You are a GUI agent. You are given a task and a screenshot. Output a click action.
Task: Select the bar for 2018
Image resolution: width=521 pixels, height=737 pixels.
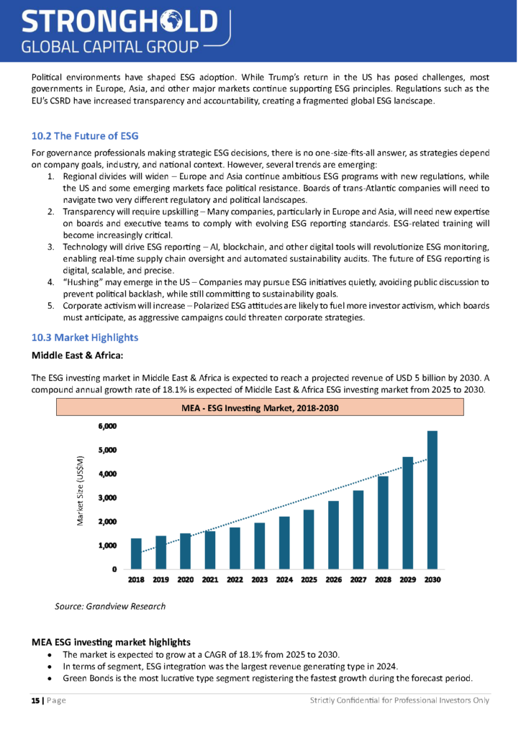136,553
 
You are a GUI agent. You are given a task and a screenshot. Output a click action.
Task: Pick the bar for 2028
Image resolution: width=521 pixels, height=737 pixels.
383,523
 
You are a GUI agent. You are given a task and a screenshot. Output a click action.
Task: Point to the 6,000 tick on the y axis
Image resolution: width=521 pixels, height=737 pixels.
107,426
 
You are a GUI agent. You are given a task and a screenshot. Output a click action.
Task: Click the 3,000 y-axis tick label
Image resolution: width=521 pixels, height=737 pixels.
107,497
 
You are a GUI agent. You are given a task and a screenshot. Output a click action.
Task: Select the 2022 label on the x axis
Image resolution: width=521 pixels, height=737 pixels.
235,579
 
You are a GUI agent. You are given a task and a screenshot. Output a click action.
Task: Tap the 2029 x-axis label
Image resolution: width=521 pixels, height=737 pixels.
407,579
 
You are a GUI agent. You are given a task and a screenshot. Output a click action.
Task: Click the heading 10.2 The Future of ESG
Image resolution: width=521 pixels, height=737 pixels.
85,136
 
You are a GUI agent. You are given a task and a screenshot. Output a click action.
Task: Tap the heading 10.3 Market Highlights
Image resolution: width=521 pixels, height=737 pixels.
85,337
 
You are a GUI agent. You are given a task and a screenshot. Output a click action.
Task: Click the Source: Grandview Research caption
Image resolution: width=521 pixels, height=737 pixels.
110,606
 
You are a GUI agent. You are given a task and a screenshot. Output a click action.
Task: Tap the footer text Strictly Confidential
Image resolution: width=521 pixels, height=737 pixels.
400,700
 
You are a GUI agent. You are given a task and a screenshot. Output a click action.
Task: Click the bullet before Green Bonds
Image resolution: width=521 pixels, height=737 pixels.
48,678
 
